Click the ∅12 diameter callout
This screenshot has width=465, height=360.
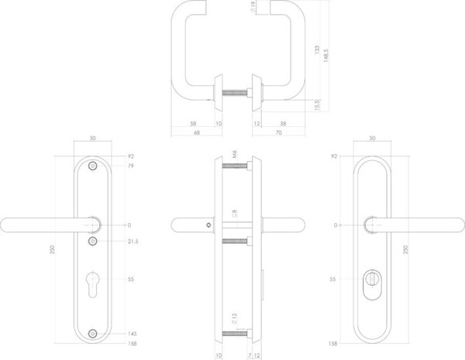[232, 319]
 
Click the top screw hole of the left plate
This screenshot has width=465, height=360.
[94, 166]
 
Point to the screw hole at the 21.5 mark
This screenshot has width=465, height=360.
[94, 242]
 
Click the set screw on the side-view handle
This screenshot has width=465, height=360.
[207, 226]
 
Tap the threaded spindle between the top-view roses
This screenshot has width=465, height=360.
[236, 96]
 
